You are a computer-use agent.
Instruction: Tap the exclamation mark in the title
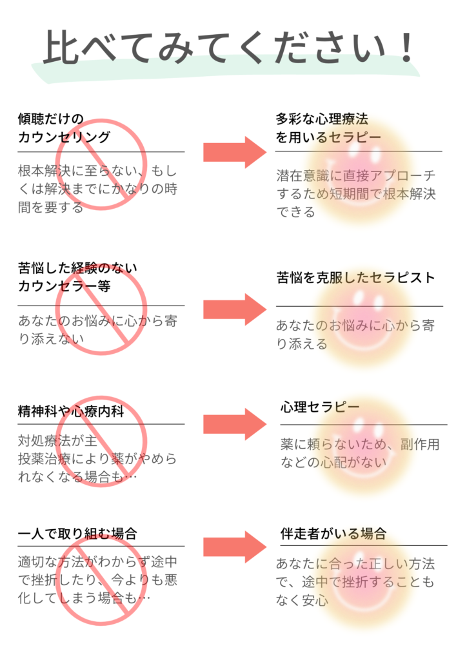click(x=406, y=47)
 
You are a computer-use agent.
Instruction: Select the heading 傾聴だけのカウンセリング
click(x=64, y=128)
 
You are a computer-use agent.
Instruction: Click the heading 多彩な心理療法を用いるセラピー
click(x=328, y=128)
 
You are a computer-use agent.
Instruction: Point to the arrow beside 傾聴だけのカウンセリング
click(x=235, y=152)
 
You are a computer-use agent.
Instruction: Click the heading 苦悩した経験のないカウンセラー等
click(x=77, y=277)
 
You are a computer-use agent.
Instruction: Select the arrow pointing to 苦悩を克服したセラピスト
click(x=235, y=309)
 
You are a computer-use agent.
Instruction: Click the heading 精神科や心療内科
click(x=71, y=411)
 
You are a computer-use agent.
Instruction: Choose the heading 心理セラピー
click(x=320, y=407)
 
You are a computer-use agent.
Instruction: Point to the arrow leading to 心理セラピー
click(x=235, y=424)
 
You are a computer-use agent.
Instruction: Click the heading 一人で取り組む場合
click(x=77, y=534)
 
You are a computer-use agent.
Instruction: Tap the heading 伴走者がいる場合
click(x=333, y=534)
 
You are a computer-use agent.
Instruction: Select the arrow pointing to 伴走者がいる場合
click(x=235, y=547)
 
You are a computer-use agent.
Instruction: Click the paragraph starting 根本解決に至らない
click(x=97, y=189)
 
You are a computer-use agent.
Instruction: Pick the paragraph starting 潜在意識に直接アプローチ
click(x=356, y=193)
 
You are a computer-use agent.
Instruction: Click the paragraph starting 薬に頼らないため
click(x=360, y=453)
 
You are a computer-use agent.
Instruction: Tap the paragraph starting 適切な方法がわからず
click(x=97, y=580)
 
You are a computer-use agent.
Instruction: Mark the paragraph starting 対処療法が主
click(x=97, y=459)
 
